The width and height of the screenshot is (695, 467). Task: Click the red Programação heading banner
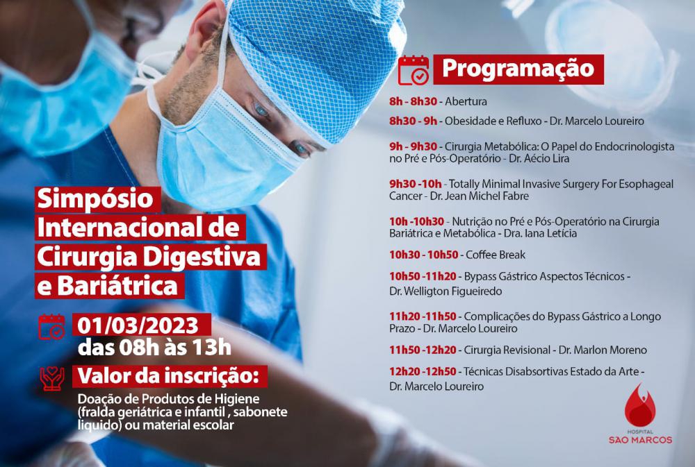point(518,69)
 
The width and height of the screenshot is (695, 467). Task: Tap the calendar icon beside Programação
point(413,70)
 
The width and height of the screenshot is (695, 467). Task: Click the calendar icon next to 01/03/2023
point(51,327)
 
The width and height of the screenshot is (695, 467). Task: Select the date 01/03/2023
point(138,325)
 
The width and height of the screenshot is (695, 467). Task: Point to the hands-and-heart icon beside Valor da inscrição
point(52,378)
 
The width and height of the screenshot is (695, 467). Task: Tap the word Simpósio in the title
point(95,198)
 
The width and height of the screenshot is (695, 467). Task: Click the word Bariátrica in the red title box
point(117,286)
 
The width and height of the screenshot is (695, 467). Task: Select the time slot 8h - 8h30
point(413,101)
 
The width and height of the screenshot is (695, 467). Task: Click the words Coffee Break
point(495,255)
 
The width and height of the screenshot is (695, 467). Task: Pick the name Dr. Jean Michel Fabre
point(479,196)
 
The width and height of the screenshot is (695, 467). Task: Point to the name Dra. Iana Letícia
point(540,233)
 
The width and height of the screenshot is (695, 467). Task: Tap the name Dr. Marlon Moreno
point(603,350)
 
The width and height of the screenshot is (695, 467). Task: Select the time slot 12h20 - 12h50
point(423,372)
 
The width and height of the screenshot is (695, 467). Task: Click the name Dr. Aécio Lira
point(539,158)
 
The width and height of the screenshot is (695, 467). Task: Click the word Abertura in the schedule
point(466,101)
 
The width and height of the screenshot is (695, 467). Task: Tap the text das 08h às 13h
point(154,348)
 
